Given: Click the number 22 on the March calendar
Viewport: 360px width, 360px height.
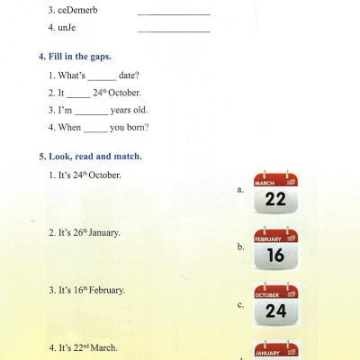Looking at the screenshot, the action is [275, 200].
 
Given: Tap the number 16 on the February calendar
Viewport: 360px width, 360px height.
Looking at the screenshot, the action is [275, 256].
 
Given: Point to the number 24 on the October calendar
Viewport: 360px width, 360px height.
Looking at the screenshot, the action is [275, 312].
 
